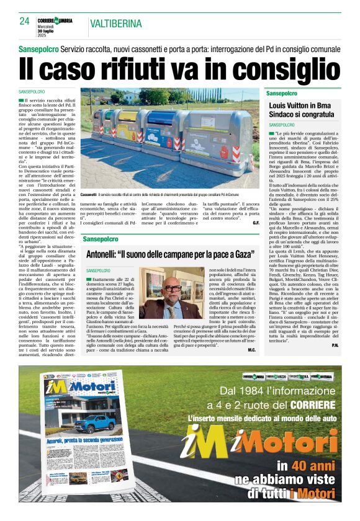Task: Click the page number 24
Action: pos(24,21)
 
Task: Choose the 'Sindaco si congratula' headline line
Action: pos(299,115)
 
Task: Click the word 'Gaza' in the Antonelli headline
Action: pos(243,254)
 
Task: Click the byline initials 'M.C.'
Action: pos(251,350)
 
